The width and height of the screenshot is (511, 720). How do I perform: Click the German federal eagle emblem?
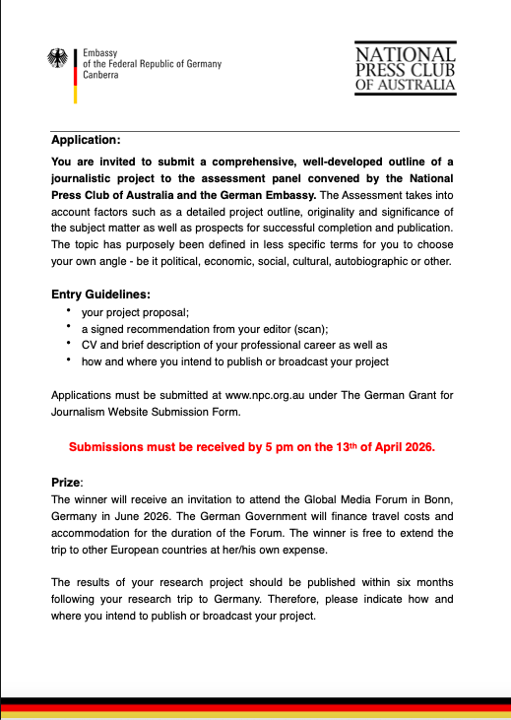click(x=57, y=58)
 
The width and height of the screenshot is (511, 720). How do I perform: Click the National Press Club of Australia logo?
click(x=405, y=68)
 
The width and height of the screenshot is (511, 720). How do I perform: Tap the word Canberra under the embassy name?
click(x=102, y=76)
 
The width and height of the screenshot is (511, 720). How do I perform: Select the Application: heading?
click(x=86, y=140)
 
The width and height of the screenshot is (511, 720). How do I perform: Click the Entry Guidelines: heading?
click(x=99, y=294)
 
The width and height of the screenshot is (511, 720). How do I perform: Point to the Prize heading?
click(x=67, y=484)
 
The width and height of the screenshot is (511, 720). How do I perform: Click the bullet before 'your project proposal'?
click(x=69, y=310)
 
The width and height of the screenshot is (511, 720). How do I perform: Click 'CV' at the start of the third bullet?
click(x=89, y=345)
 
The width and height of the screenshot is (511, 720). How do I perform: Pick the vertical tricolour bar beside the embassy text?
click(x=76, y=74)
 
